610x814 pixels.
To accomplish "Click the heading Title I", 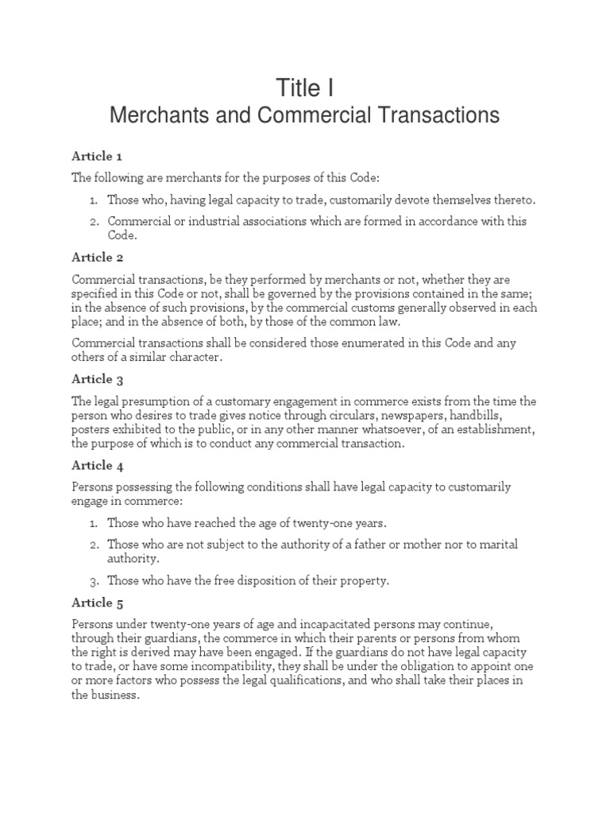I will (x=305, y=87).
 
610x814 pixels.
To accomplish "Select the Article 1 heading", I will (x=97, y=156).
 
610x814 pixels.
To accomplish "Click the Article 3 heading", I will (x=97, y=379).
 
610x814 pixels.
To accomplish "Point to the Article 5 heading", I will (x=97, y=603).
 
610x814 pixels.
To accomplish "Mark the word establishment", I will (x=492, y=429).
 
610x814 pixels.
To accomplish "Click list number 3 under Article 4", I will (x=93, y=581).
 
